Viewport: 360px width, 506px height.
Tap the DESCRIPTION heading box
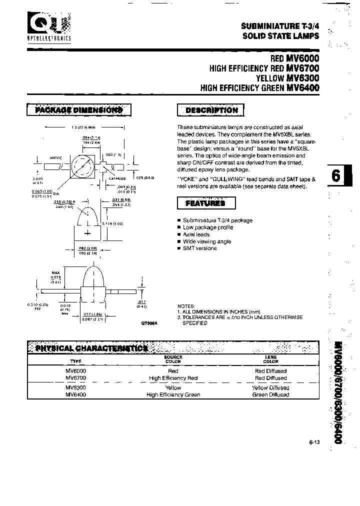[211, 110]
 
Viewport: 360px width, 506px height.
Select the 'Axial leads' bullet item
[196, 234]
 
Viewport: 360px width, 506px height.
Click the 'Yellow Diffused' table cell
[270, 387]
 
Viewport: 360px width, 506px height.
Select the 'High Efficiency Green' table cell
[173, 394]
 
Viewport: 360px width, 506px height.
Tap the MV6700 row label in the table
[76, 378]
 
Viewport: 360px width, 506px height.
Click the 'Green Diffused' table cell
[270, 394]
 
